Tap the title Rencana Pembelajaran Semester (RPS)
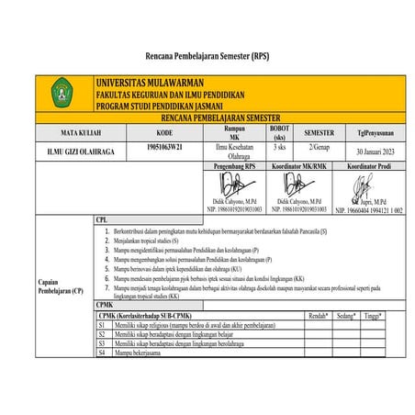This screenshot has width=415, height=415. (207, 54)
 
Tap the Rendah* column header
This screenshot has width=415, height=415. (318, 315)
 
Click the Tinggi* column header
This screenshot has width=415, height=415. (372, 315)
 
